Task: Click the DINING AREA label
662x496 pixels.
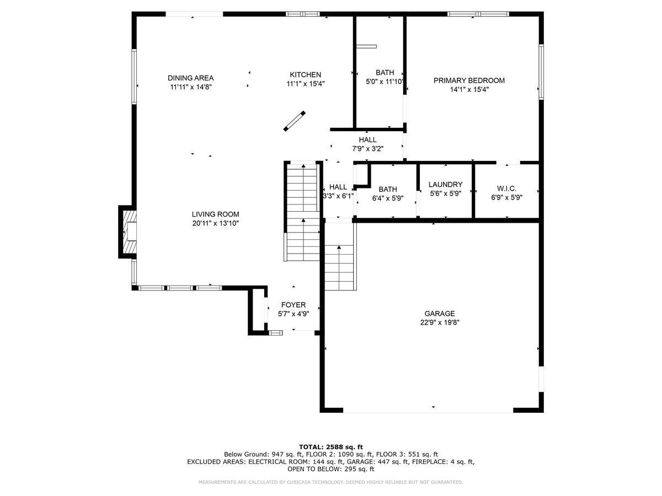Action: point(191,78)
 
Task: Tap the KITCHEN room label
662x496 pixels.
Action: point(305,75)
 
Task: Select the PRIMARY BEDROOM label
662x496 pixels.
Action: point(469,80)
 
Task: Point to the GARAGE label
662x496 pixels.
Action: point(440,314)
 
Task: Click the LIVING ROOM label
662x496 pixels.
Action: point(215,214)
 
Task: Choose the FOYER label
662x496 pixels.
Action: point(293,305)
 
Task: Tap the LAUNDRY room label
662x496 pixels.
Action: point(445,184)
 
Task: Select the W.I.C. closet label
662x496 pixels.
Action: point(506,188)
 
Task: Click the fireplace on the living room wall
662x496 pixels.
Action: point(128,232)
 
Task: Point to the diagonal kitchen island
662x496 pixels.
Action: point(295,121)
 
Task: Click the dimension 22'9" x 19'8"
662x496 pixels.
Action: point(440,322)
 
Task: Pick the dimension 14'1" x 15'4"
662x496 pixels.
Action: point(469,89)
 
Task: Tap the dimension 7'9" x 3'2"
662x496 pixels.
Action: point(367,149)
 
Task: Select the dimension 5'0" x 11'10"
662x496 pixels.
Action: point(385,82)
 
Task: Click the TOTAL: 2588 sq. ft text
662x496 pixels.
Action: point(331,447)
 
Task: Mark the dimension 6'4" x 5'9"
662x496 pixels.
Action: point(388,198)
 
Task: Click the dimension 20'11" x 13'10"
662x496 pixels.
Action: point(215,223)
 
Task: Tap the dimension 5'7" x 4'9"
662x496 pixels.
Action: point(293,314)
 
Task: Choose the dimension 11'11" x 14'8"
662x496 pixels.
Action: point(191,87)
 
